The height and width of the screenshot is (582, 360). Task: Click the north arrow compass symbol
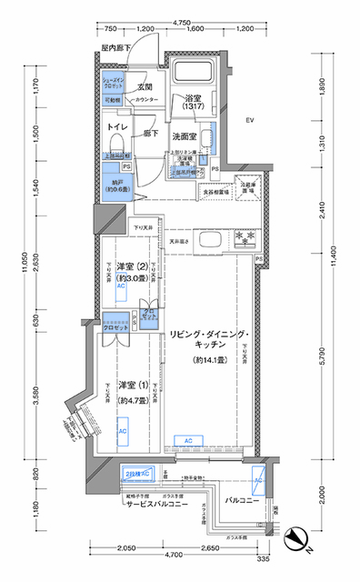pyautogui.click(x=296, y=544)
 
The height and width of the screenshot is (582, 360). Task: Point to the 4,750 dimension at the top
pyautogui.click(x=181, y=19)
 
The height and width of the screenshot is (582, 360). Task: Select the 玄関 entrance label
pyautogui.click(x=145, y=87)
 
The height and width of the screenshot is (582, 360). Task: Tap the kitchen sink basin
pyautogui.click(x=206, y=240)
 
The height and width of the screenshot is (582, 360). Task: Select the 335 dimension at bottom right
pyautogui.click(x=263, y=560)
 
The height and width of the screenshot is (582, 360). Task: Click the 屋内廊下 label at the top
pyautogui.click(x=115, y=46)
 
